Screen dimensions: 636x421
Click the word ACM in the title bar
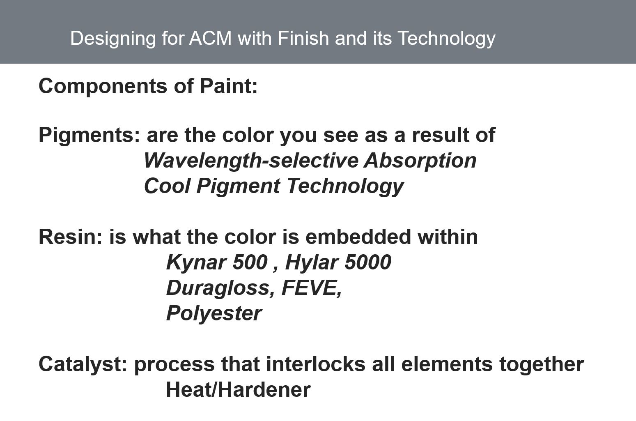point(210,38)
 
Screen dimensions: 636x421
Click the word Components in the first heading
point(103,87)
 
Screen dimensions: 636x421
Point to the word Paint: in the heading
point(229,86)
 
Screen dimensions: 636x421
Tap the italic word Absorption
point(420,161)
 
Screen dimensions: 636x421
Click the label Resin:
point(70,237)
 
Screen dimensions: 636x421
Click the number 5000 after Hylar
point(368,262)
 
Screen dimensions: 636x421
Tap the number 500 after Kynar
point(250,262)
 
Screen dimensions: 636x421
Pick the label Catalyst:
point(83,365)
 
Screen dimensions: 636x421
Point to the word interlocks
point(315,364)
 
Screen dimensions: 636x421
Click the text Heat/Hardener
point(238,390)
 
